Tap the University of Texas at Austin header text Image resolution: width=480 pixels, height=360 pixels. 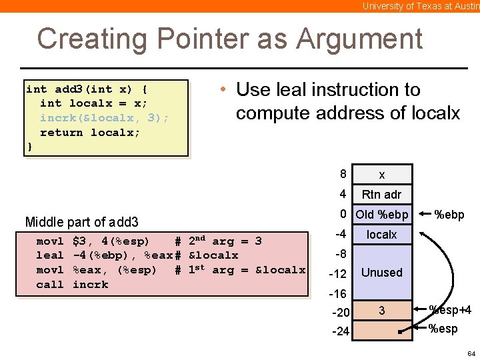tap(420, 6)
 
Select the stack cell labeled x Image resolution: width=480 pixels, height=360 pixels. tap(381, 175)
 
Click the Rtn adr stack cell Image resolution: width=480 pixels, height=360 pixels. tap(381, 195)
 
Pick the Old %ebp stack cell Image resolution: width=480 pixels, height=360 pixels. tap(381, 215)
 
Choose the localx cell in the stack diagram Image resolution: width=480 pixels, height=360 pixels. tap(381, 234)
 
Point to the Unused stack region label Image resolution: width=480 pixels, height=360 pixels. tap(381, 273)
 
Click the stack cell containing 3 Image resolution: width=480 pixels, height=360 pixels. tap(381, 311)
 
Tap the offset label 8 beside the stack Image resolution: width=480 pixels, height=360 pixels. tap(343, 174)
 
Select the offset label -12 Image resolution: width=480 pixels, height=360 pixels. tap(338, 274)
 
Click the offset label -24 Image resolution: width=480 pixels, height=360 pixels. tap(340, 331)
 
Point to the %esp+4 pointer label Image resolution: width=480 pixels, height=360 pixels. tap(450, 310)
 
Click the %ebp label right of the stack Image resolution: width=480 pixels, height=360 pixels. tap(449, 215)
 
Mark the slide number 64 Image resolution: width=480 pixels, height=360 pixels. tap(471, 353)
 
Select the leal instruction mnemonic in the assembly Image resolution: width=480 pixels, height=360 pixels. tap(49, 255)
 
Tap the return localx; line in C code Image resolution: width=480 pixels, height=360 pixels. tap(90, 132)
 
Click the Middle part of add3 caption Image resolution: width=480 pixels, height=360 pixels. tap(81, 222)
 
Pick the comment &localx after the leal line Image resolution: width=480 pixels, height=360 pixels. tap(213, 255)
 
